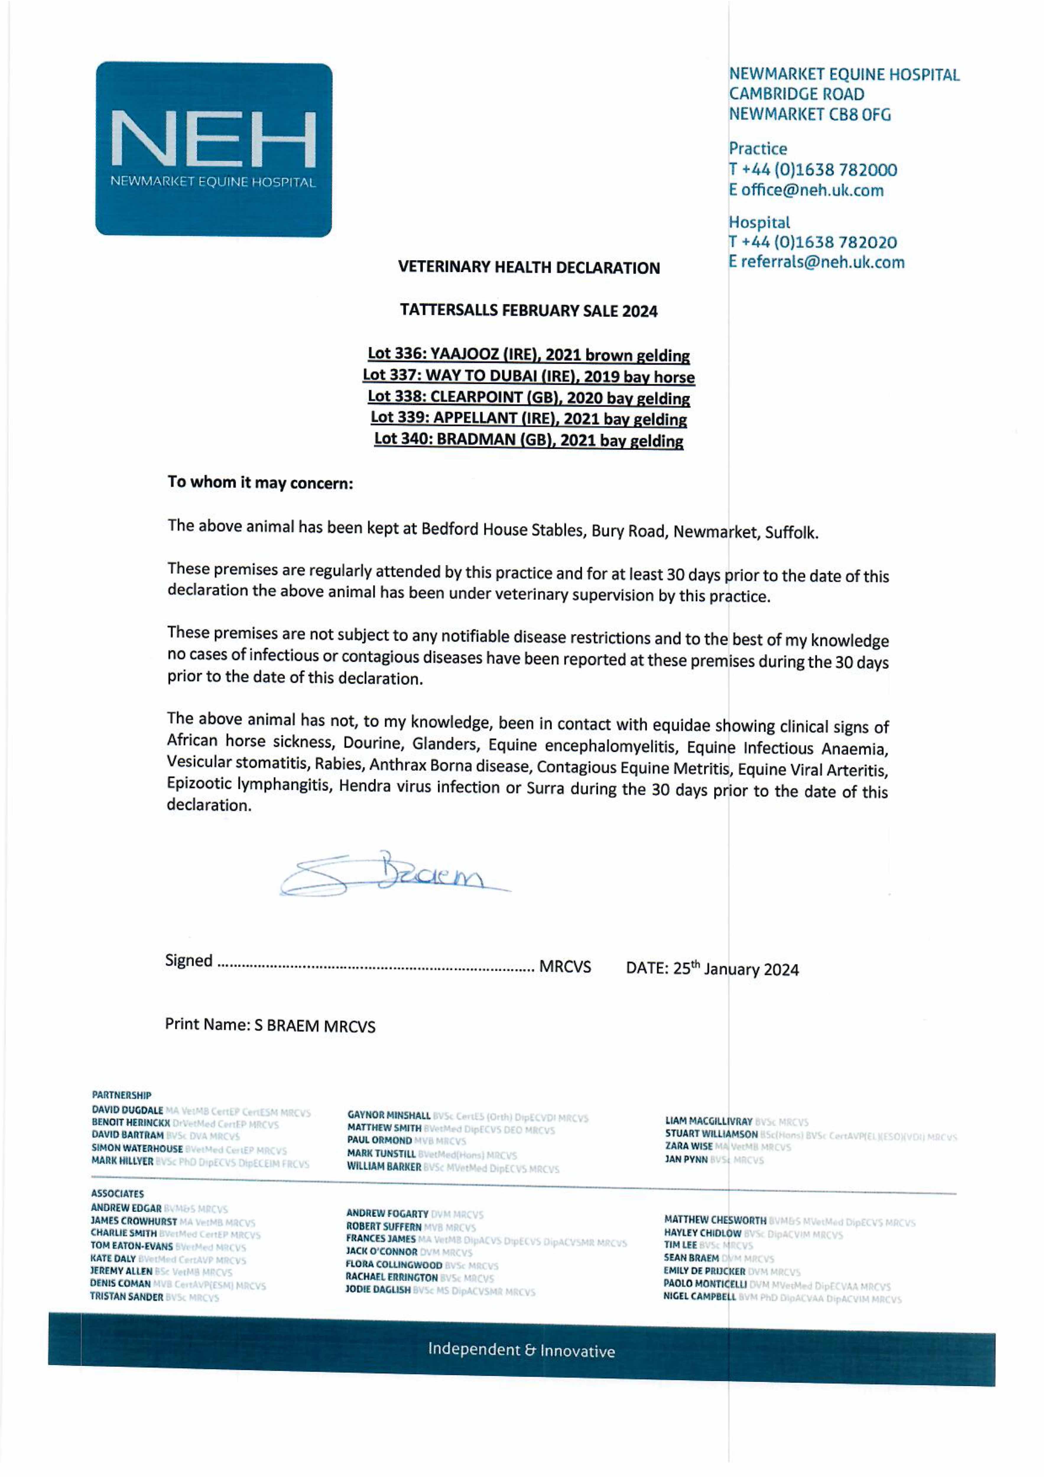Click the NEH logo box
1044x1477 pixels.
[214, 149]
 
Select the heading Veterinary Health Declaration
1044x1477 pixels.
[528, 268]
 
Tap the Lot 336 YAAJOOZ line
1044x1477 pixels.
[528, 355]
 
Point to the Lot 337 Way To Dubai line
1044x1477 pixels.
[528, 376]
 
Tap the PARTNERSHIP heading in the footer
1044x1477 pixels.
[122, 1095]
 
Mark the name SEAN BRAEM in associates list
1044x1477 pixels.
[691, 1258]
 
